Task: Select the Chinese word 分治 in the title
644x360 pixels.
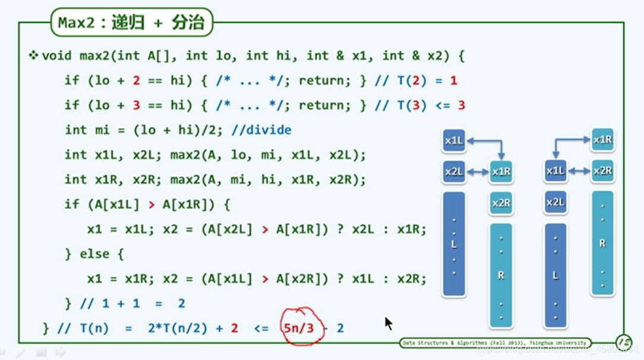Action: [188, 23]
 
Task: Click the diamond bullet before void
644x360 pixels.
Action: [33, 56]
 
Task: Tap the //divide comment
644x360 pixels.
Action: [261, 130]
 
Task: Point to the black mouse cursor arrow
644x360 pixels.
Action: [388, 323]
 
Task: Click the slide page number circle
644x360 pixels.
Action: [624, 343]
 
